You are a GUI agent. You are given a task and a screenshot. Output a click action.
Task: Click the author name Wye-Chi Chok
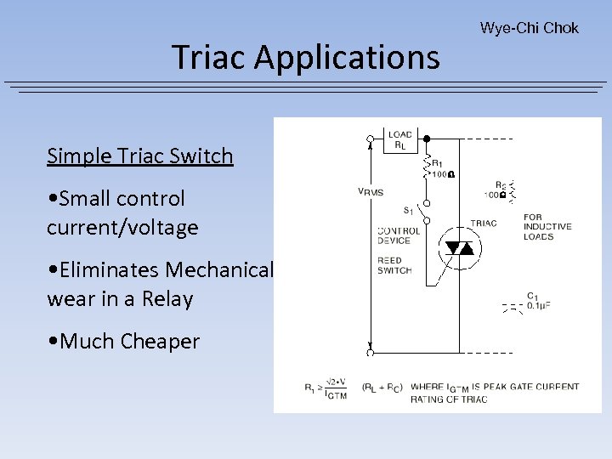point(529,28)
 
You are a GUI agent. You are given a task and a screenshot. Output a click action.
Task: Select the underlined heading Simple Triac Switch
point(139,156)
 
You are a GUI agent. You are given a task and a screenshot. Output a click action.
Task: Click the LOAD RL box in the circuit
point(399,140)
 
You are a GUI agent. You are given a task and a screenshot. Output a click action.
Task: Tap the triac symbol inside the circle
point(459,248)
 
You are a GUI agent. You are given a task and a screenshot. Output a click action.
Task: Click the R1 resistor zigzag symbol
point(427,167)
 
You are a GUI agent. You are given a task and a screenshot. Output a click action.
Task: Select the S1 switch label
point(409,210)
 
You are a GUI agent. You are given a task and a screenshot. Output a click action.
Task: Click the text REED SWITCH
point(394,266)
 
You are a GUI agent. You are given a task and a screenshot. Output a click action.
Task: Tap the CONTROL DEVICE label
point(399,235)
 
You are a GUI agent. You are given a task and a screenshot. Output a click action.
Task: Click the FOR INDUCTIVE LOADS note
point(547,227)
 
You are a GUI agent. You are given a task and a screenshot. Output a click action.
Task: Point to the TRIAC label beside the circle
point(483,224)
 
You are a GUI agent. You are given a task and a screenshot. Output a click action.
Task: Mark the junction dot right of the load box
point(426,138)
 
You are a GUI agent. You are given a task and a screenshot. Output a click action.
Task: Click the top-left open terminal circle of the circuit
point(370,138)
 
